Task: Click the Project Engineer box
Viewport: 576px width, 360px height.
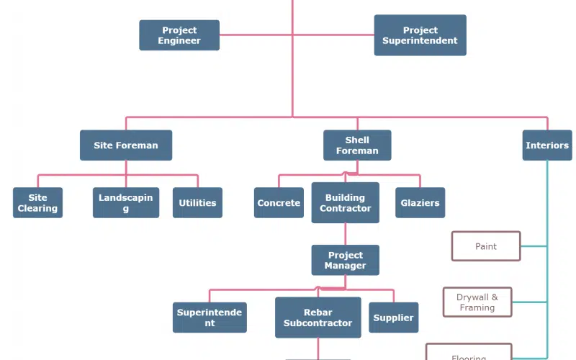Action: tap(179, 35)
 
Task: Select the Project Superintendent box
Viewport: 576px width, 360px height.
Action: tap(420, 35)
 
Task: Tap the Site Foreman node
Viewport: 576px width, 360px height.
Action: tap(126, 145)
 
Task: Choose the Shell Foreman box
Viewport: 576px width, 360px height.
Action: tap(357, 145)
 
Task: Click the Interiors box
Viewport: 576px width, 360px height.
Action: tap(546, 145)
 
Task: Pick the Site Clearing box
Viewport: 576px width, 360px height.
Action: tap(37, 202)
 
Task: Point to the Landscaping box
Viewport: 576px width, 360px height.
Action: tap(126, 202)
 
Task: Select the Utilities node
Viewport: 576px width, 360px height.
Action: tap(197, 202)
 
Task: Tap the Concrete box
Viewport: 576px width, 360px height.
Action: tap(279, 202)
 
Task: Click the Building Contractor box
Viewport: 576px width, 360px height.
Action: tap(346, 202)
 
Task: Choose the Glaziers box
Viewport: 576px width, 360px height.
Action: tap(420, 202)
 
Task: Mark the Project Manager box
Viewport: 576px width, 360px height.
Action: tap(346, 260)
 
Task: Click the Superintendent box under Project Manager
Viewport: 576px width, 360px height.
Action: tap(210, 318)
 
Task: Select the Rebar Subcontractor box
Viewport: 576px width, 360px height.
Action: tap(318, 318)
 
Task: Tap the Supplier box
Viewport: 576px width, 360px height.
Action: tap(394, 318)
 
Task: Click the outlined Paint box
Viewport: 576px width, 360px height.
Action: tap(486, 246)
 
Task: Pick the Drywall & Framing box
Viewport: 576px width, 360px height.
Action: tap(477, 302)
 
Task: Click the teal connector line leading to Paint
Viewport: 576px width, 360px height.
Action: tap(534, 246)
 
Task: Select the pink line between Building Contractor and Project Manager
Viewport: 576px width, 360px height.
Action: tap(346, 234)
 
